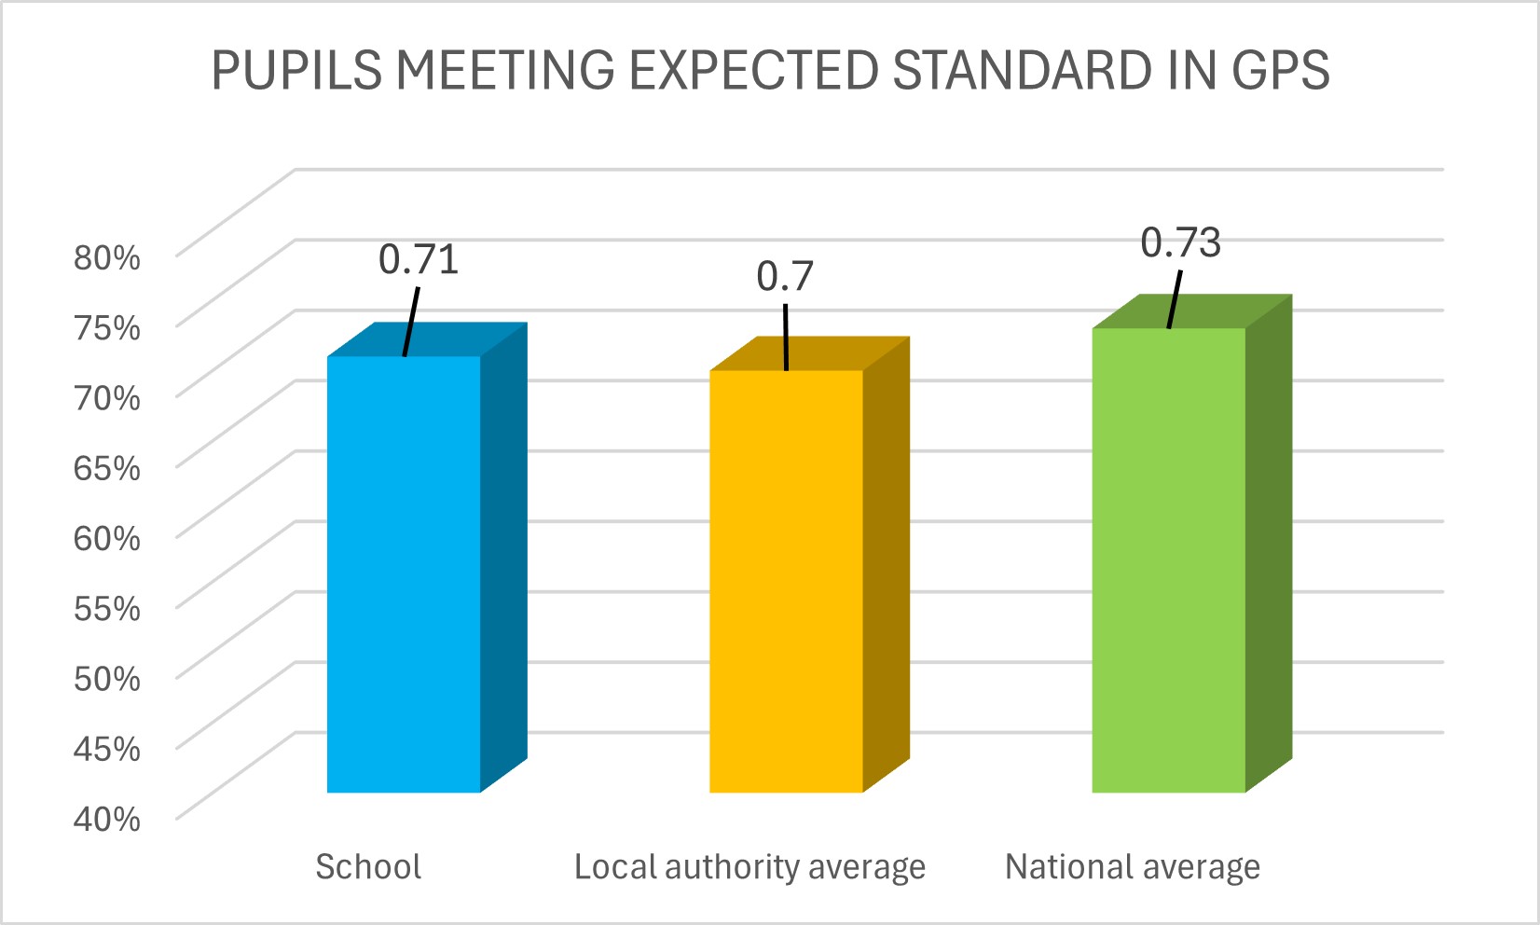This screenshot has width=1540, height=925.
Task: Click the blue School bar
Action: coord(404,573)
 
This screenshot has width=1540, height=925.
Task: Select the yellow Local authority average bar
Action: coord(786,581)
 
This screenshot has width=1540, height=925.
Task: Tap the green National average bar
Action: coord(1168,559)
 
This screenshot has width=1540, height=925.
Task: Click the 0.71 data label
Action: coord(419,260)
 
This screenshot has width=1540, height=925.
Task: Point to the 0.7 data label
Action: coord(785,276)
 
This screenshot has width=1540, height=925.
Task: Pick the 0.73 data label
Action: coord(1180,243)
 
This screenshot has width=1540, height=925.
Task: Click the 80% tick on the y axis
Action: coord(107,257)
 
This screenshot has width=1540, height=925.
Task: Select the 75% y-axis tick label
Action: coord(107,327)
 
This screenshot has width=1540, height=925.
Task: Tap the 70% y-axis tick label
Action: coord(107,398)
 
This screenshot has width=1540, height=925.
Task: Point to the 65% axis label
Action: coord(107,468)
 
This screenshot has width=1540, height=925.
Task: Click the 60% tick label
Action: coord(107,538)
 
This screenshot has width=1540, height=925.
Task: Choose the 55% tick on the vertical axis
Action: coord(107,608)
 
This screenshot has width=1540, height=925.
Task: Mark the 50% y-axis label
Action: coord(107,678)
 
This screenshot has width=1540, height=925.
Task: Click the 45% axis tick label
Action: coord(107,748)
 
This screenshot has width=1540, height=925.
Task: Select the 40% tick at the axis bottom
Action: coord(107,819)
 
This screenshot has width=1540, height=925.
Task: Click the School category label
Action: coord(368,867)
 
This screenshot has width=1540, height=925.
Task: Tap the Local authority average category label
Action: coord(749,867)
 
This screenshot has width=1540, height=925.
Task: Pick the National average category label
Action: coord(1132,867)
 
